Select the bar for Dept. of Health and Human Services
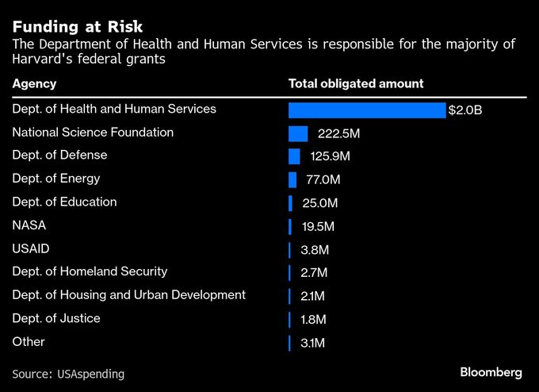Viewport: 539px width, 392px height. click(367, 110)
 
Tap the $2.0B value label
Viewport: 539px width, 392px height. click(465, 110)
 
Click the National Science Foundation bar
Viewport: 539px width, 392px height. click(298, 133)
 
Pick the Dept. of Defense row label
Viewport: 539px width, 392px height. click(60, 155)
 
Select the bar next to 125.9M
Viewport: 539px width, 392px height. click(294, 156)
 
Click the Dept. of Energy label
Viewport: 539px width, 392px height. click(56, 179)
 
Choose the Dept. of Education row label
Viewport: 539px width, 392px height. click(65, 202)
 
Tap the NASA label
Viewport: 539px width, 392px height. click(29, 225)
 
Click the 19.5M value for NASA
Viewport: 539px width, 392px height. click(319, 227)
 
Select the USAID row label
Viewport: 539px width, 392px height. click(31, 248)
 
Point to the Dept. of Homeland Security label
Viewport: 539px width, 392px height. click(90, 271)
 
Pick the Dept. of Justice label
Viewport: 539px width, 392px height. click(56, 318)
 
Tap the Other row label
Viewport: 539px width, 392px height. click(29, 341)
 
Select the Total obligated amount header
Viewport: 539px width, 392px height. click(356, 83)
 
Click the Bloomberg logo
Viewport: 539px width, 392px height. click(491, 372)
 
